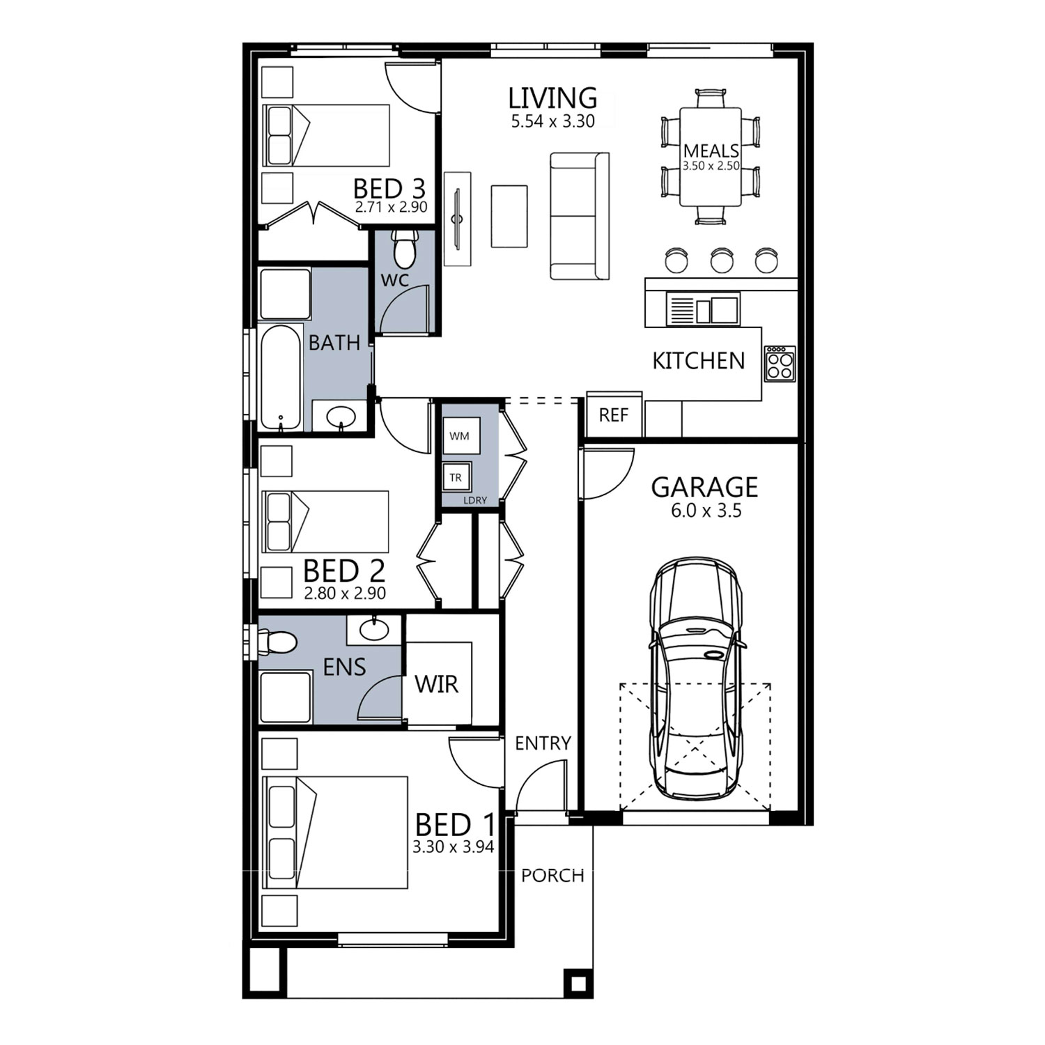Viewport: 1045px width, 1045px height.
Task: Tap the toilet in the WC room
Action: [405, 249]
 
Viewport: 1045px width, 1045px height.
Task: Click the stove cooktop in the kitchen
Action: [780, 363]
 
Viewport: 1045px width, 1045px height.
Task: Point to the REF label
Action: [613, 415]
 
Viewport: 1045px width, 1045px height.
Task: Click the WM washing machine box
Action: [460, 436]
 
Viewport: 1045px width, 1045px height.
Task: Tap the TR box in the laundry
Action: [456, 477]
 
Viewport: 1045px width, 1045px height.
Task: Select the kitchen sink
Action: [703, 309]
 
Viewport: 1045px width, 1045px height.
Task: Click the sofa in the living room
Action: [580, 216]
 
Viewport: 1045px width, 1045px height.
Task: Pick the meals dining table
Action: [710, 157]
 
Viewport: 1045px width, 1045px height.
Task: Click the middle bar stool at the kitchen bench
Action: [722, 260]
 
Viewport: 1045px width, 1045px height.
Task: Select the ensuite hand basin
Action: [374, 630]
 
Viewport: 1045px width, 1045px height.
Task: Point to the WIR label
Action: [437, 684]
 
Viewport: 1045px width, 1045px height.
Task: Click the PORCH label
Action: [552, 876]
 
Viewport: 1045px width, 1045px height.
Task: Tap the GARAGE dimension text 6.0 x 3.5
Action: [706, 511]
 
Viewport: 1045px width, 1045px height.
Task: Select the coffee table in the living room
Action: [509, 216]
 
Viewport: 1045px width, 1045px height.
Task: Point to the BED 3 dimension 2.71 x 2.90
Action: [391, 208]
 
